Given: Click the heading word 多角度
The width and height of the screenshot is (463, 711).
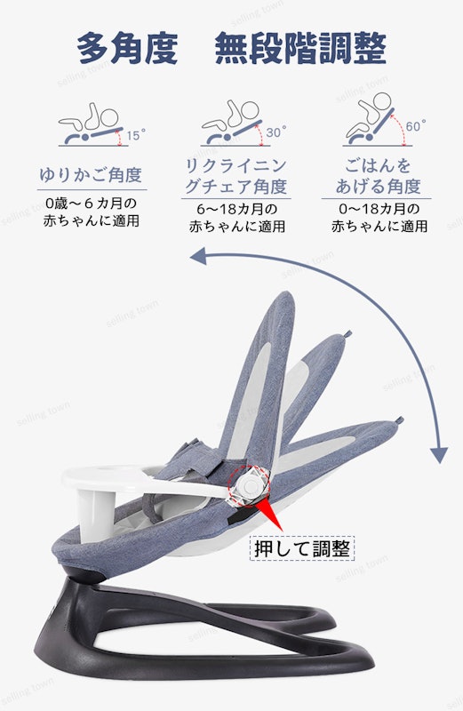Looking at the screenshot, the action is (x=127, y=48).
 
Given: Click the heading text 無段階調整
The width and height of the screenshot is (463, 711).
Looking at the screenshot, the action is (x=300, y=48).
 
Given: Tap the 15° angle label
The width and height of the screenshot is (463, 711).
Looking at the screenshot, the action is (x=136, y=135).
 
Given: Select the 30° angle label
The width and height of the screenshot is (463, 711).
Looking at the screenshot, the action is (x=276, y=132).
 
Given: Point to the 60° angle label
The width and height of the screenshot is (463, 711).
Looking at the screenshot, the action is (x=416, y=125).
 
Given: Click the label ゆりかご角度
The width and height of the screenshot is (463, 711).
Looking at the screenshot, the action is (x=92, y=174).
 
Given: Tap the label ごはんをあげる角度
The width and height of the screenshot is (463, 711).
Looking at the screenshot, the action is (x=378, y=175).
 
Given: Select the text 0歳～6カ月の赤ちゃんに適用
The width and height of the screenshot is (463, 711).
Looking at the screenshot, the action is (x=92, y=212).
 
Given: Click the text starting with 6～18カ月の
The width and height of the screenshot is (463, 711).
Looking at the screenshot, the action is (x=236, y=217).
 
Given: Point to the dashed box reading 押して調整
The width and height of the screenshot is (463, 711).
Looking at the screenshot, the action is (x=302, y=548).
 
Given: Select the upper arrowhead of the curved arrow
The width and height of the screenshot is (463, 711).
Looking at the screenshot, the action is (x=198, y=257).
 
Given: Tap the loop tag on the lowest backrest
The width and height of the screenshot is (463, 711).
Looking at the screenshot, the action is (x=399, y=420).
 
